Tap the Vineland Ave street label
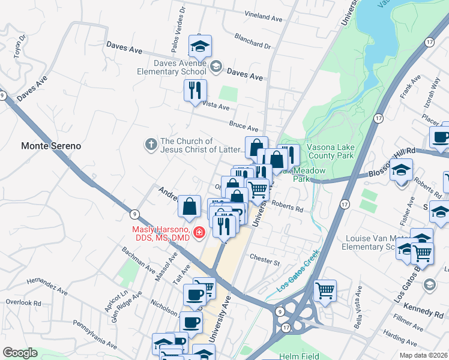(x=263, y=17)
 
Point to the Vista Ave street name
(x=216, y=106)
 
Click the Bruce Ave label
(x=244, y=125)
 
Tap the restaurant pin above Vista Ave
(x=195, y=91)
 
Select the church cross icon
(x=151, y=145)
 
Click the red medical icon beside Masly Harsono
(x=199, y=233)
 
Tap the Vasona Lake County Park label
(x=330, y=151)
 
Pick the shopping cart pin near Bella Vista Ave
(x=325, y=290)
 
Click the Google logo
(x=20, y=353)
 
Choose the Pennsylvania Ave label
(x=95, y=334)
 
